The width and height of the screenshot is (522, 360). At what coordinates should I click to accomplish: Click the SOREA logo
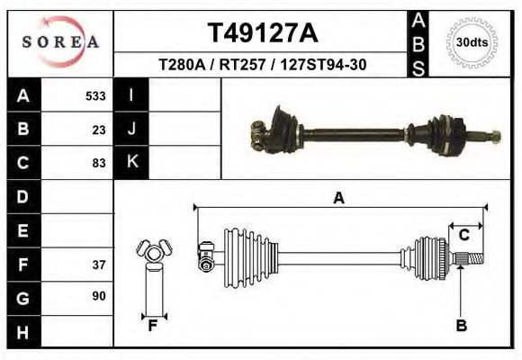(61, 42)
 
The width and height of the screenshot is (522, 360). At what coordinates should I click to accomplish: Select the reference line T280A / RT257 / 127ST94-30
(262, 65)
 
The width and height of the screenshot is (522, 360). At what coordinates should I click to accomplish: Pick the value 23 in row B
(99, 130)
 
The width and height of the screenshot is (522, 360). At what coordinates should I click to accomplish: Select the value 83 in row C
(99, 163)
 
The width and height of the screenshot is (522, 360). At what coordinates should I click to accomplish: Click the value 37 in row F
(99, 265)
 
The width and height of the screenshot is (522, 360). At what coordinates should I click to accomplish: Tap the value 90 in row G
(99, 296)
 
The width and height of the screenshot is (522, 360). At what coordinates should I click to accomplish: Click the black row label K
(131, 163)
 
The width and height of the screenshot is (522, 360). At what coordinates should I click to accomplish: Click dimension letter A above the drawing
(338, 198)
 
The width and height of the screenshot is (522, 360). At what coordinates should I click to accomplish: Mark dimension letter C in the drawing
(464, 236)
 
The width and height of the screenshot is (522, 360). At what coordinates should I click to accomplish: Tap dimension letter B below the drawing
(461, 326)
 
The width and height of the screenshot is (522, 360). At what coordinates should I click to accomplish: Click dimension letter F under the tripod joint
(152, 326)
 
